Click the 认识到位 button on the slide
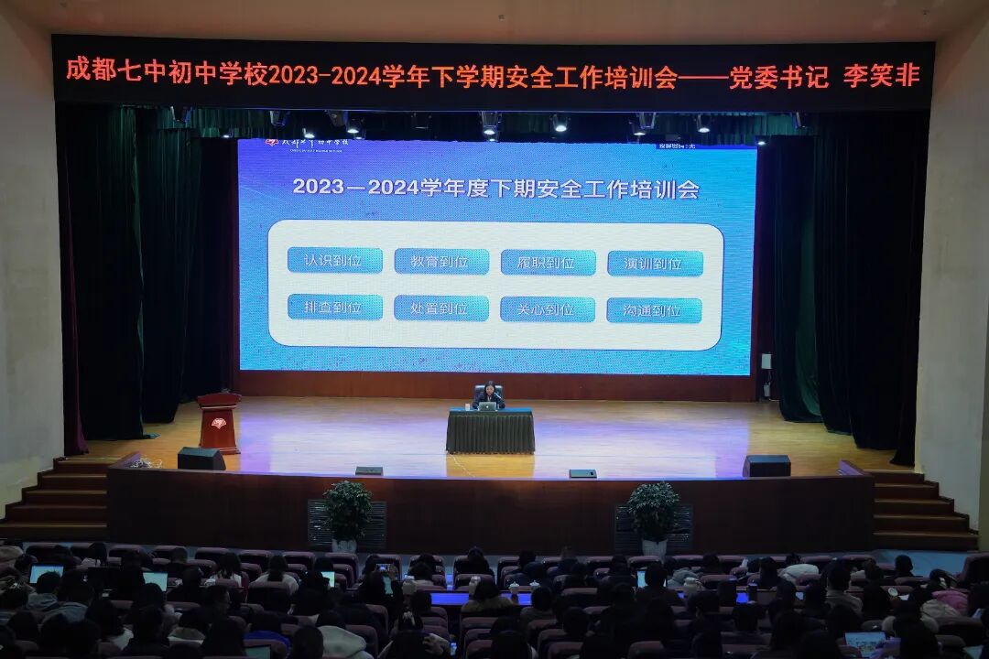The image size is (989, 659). tap(335, 261)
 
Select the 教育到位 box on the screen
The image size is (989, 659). tap(441, 262)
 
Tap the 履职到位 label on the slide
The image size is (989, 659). tap(548, 263)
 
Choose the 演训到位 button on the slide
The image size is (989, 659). tap(655, 264)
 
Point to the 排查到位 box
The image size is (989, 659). tap(335, 308)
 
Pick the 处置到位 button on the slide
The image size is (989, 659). tap(441, 308)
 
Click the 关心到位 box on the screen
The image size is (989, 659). tap(548, 309)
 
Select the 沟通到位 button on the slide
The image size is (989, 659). tap(654, 311)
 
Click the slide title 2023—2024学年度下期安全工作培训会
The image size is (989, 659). tap(495, 189)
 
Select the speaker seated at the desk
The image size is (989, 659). tap(489, 395)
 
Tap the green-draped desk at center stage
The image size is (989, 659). tap(490, 431)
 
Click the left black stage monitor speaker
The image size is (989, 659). tap(201, 459)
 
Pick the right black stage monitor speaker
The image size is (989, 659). tap(766, 466)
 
